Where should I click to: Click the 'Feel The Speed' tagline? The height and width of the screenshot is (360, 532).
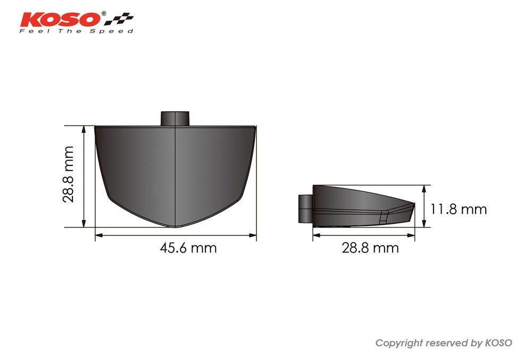[x=76, y=31]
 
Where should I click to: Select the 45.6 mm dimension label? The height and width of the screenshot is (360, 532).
[x=188, y=248]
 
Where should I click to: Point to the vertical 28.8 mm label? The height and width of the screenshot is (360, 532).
[x=68, y=174]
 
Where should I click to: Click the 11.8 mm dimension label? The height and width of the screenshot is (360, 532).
[x=459, y=209]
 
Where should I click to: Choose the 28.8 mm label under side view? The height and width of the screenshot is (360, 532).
[x=370, y=248]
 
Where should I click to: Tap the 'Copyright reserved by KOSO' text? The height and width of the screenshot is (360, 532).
[x=444, y=343]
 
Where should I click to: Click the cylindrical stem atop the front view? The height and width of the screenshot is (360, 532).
[x=174, y=118]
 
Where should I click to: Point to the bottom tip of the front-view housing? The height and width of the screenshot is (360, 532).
[x=175, y=227]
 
